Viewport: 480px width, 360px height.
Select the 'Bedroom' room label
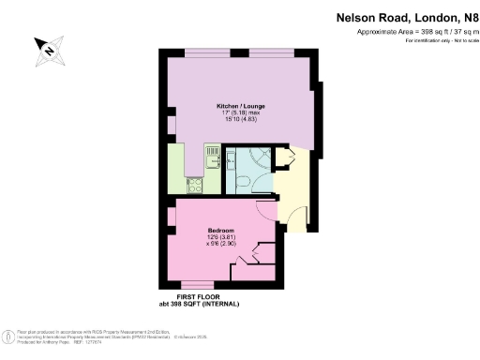point(220,231)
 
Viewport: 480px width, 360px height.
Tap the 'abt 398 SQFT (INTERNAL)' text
point(200,304)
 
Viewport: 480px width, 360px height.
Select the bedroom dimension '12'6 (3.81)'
point(221,237)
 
